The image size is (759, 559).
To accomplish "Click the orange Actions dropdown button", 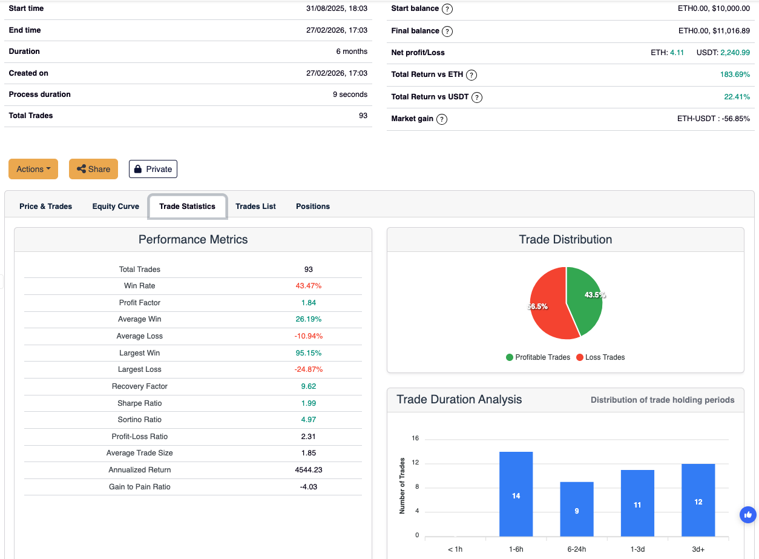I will [x=33, y=169].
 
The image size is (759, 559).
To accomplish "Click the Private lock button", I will [x=153, y=169].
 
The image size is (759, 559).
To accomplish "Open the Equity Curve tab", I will [x=116, y=207].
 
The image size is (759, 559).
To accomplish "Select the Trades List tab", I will [x=255, y=207].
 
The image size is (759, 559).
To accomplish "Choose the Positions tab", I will [x=313, y=207].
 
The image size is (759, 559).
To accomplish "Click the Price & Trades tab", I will [x=45, y=207].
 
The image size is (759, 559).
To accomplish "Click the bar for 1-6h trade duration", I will [x=516, y=494].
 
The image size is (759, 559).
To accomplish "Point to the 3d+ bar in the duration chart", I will [x=698, y=500].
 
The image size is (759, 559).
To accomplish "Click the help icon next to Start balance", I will [x=447, y=9].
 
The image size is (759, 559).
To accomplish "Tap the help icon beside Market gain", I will [x=442, y=119].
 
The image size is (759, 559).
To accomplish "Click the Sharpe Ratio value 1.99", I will [x=309, y=403].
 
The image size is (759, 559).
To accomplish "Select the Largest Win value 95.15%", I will [x=309, y=353].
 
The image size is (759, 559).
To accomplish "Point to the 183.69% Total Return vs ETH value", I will [x=736, y=75].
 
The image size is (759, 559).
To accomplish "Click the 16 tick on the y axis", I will [x=415, y=438].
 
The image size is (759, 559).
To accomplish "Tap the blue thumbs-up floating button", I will [x=748, y=515].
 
